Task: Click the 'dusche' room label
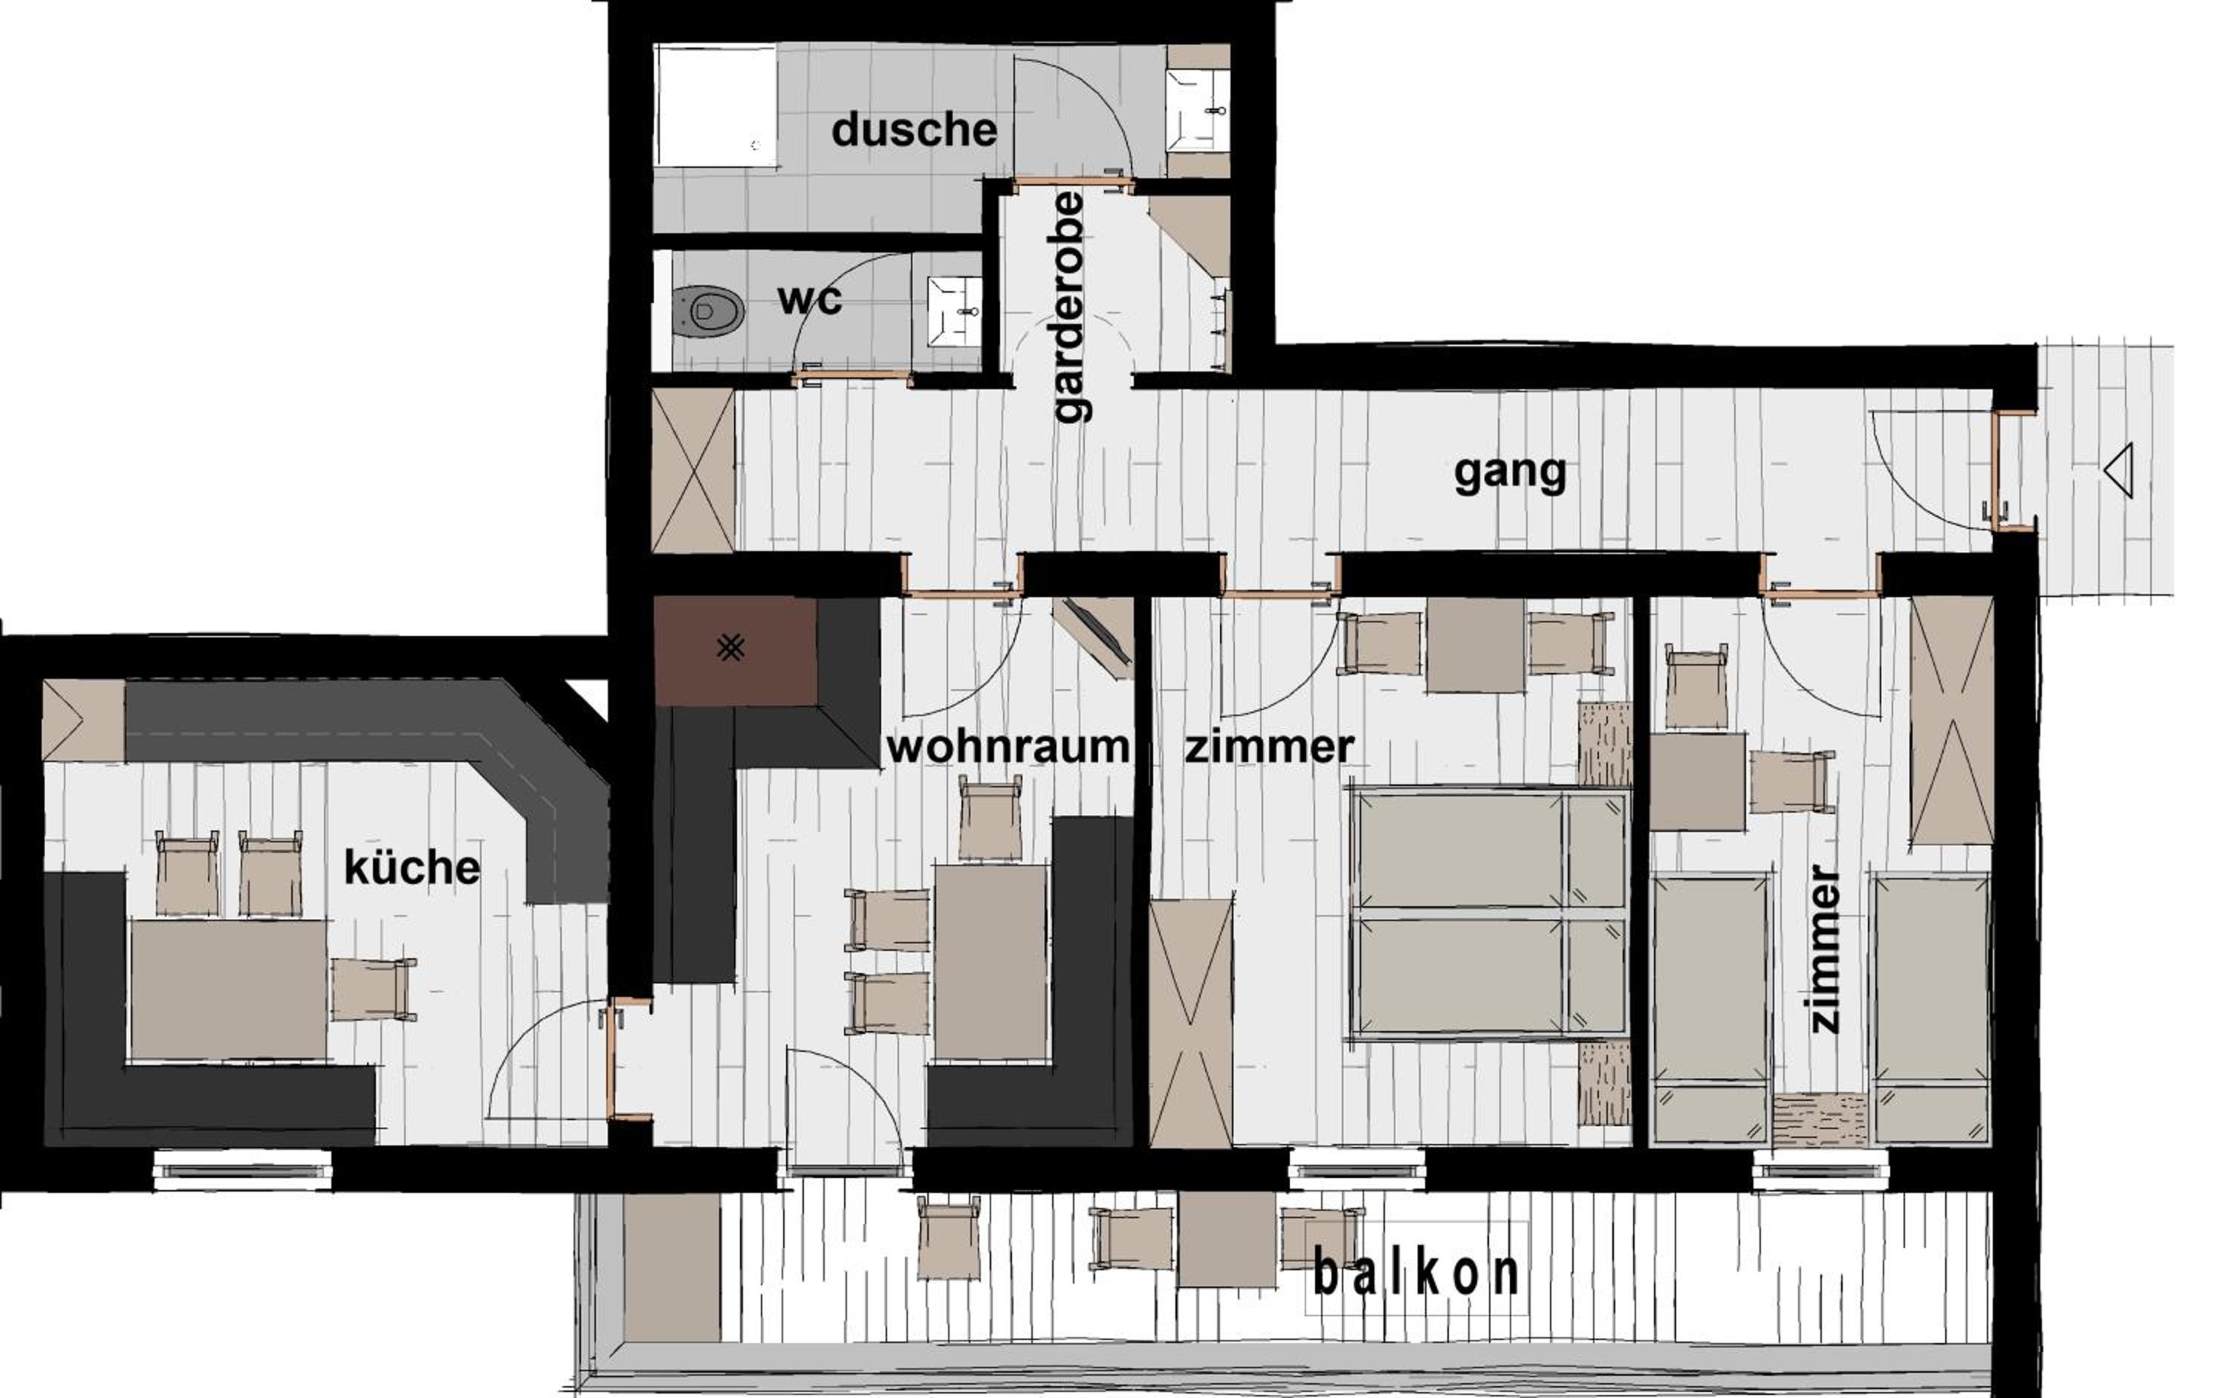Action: click(914, 131)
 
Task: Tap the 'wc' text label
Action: click(810, 299)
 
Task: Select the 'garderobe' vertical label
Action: click(1070, 307)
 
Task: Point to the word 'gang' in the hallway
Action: click(1510, 473)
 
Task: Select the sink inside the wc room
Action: click(953, 311)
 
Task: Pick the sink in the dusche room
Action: click(1197, 111)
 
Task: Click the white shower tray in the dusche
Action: click(716, 105)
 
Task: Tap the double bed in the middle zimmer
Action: click(1489, 914)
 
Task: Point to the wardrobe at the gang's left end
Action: click(692, 471)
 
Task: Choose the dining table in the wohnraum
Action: click(990, 961)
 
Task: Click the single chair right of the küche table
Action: click(374, 989)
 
